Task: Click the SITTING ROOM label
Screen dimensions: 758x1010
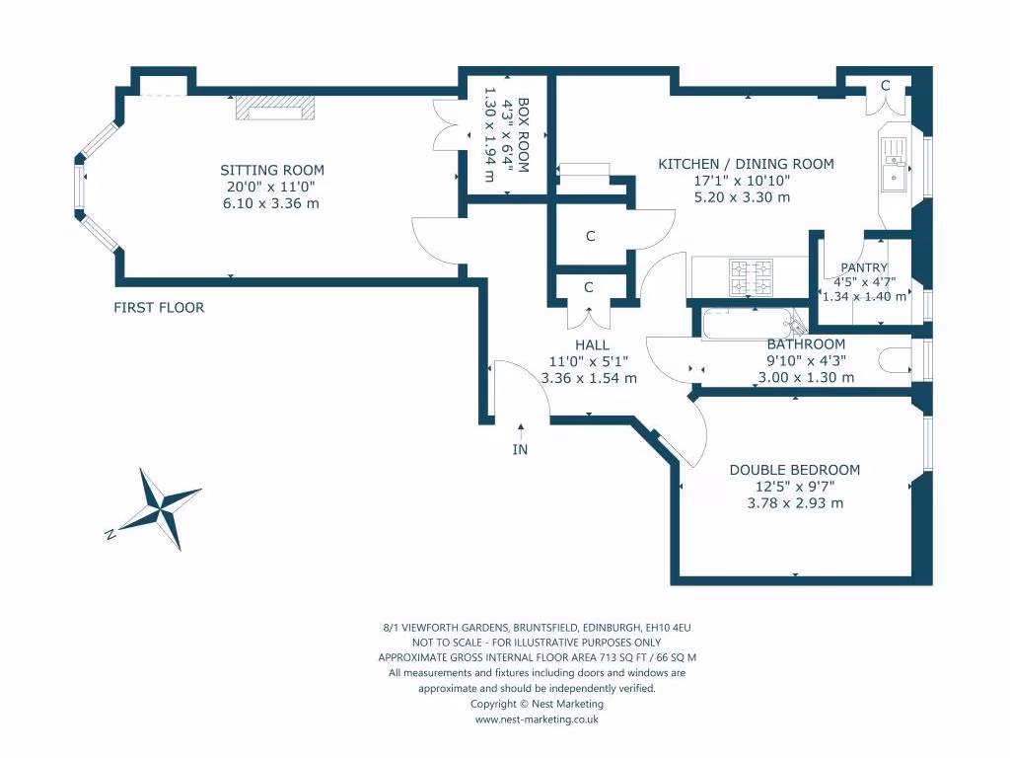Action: pyautogui.click(x=271, y=170)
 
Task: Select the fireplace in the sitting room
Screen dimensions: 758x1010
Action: pyautogui.click(x=275, y=109)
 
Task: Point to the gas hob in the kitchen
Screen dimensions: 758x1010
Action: pyautogui.click(x=749, y=277)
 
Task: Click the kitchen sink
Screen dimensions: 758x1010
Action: pyautogui.click(x=896, y=165)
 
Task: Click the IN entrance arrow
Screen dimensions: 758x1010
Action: pyautogui.click(x=520, y=440)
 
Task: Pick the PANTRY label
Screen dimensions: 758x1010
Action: pyautogui.click(x=864, y=267)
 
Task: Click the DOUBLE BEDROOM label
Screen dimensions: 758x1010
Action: pyautogui.click(x=794, y=470)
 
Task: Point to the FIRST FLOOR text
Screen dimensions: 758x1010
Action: pyautogui.click(x=159, y=308)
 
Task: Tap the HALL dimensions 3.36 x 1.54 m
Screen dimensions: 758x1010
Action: pyautogui.click(x=589, y=377)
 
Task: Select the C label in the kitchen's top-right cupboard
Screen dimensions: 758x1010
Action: pyautogui.click(x=885, y=87)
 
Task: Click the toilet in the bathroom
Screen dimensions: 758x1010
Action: pyautogui.click(x=895, y=361)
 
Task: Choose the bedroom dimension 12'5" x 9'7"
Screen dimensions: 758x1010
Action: pyautogui.click(x=794, y=486)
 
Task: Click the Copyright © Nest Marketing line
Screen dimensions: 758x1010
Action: pyautogui.click(x=537, y=704)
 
